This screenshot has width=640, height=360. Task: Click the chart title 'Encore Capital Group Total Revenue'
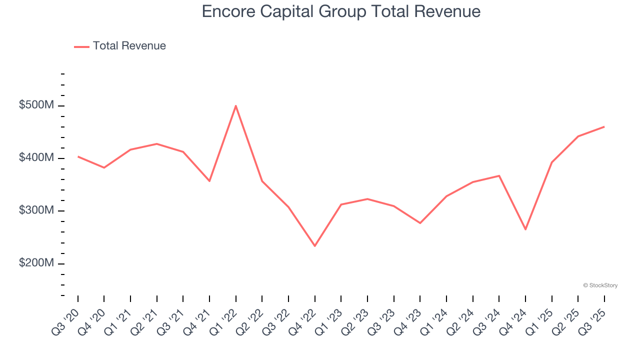point(341,11)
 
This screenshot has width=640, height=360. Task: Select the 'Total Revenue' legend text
point(129,46)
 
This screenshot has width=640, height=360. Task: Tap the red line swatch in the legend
point(81,46)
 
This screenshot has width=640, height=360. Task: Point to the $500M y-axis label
point(36,105)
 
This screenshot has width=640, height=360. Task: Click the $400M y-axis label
point(36,158)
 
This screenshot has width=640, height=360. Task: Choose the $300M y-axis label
point(36,210)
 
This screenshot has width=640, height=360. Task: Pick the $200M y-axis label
point(36,263)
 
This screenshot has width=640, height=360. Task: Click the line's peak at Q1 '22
point(235,105)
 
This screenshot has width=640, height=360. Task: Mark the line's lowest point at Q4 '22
point(314,246)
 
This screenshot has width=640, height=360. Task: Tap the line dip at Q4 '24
point(525,229)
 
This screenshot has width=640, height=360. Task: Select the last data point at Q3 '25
point(604,126)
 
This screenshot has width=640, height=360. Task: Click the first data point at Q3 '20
point(78,156)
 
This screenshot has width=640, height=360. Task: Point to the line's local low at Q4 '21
point(209,181)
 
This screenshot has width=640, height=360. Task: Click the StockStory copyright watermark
point(600,285)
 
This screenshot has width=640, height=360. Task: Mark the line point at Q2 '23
point(367,199)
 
